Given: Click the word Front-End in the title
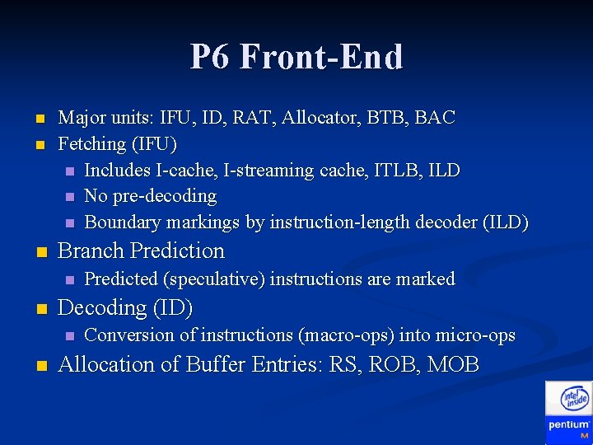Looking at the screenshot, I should [x=324, y=58].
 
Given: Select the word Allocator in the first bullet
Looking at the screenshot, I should [x=317, y=118].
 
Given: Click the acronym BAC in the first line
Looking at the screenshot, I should [x=435, y=118].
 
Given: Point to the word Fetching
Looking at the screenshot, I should [x=91, y=144].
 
